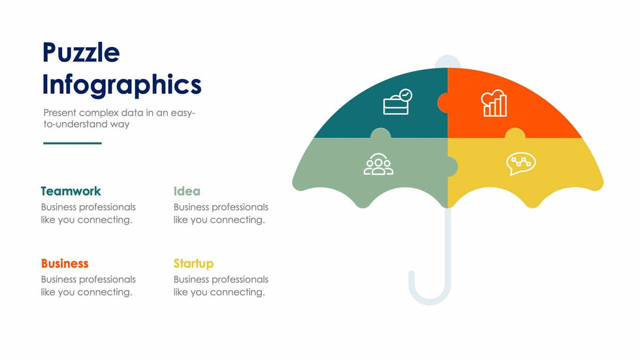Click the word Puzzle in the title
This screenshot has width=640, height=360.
click(x=81, y=52)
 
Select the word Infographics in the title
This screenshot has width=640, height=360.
click(x=121, y=85)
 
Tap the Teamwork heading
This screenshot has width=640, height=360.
click(x=71, y=191)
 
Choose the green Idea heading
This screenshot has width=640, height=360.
click(x=187, y=191)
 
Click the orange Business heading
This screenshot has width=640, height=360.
click(x=65, y=263)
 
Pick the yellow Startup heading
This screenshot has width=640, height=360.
click(x=193, y=264)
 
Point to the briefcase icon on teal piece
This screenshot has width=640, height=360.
click(x=398, y=102)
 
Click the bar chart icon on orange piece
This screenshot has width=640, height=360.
click(x=494, y=103)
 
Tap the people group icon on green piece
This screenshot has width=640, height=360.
click(x=378, y=164)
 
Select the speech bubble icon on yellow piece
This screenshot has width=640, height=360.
click(x=521, y=164)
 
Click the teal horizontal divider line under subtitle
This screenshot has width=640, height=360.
click(x=72, y=143)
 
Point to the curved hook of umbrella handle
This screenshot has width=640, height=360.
click(x=430, y=291)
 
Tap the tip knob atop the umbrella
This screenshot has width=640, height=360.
click(x=448, y=61)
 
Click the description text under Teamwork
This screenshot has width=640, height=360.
click(x=88, y=214)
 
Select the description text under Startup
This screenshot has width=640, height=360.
click(x=221, y=286)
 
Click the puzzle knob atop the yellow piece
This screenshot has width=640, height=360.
click(x=515, y=133)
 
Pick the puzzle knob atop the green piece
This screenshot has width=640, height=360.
click(x=380, y=133)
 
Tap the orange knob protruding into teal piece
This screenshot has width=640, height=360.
click(x=443, y=103)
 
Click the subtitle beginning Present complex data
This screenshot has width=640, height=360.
click(x=119, y=118)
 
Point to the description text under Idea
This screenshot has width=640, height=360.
click(x=221, y=214)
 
